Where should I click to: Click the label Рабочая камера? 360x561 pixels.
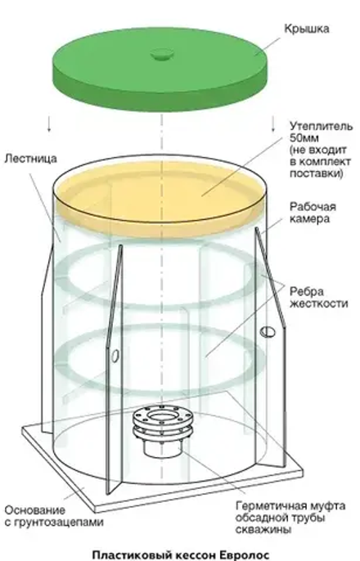(311, 213)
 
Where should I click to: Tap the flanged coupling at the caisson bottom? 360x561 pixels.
(164, 429)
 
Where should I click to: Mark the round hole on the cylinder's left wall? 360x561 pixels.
(115, 354)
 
